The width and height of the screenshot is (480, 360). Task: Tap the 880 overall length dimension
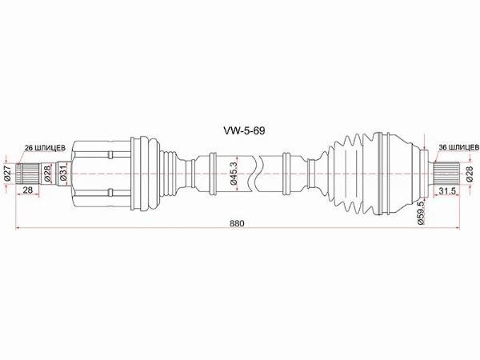[235, 224]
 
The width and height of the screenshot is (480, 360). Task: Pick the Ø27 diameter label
[7, 172]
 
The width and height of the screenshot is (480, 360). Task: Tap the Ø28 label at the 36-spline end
[470, 173]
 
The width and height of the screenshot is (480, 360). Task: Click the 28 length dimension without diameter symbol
[27, 190]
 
